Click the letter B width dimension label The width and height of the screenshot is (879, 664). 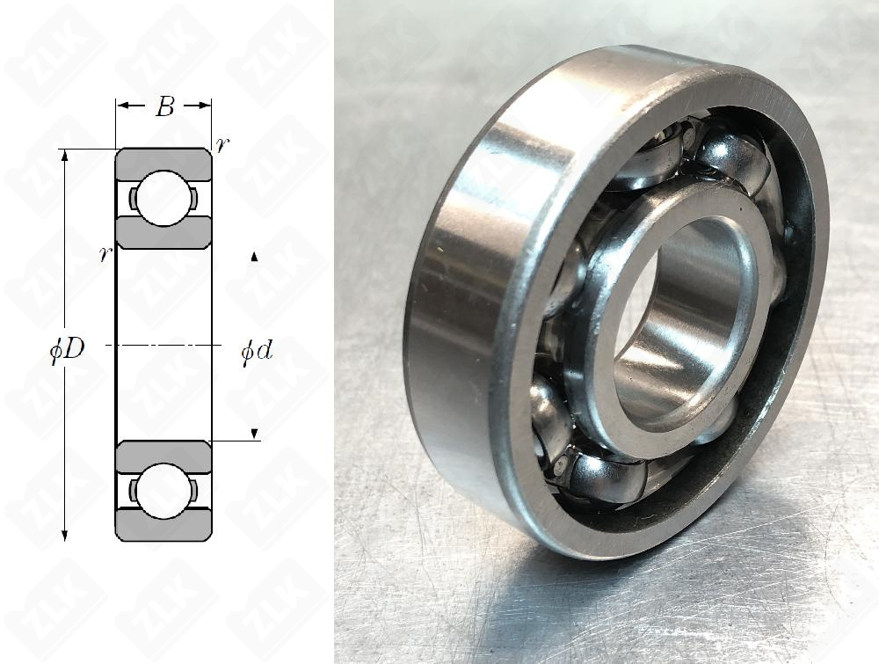click(x=165, y=106)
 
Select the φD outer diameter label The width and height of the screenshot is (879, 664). click(x=68, y=350)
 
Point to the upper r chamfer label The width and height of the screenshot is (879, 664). click(x=222, y=145)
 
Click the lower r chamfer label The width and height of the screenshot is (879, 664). click(x=105, y=255)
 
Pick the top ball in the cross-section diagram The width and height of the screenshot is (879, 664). click(x=163, y=199)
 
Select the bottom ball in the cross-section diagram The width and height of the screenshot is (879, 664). click(x=163, y=492)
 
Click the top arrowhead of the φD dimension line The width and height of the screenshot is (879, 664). click(x=65, y=156)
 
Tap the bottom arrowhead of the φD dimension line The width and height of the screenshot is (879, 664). click(x=65, y=535)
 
